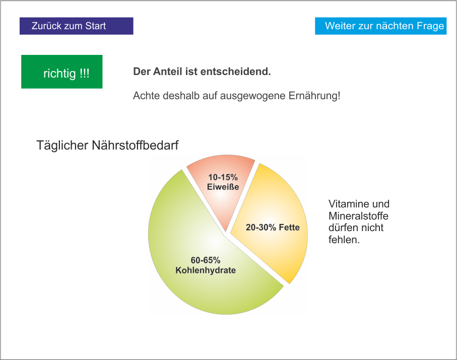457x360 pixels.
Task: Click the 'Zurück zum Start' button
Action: point(76,26)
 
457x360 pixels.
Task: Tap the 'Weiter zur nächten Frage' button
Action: point(380,26)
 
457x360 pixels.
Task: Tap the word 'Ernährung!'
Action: point(317,95)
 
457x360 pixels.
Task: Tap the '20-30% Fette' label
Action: point(273,228)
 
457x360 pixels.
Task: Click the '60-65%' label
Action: point(205,260)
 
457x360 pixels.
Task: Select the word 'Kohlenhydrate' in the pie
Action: point(206,270)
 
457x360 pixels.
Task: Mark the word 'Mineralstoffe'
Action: point(358,216)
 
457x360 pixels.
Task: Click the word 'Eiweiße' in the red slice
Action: point(223,187)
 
